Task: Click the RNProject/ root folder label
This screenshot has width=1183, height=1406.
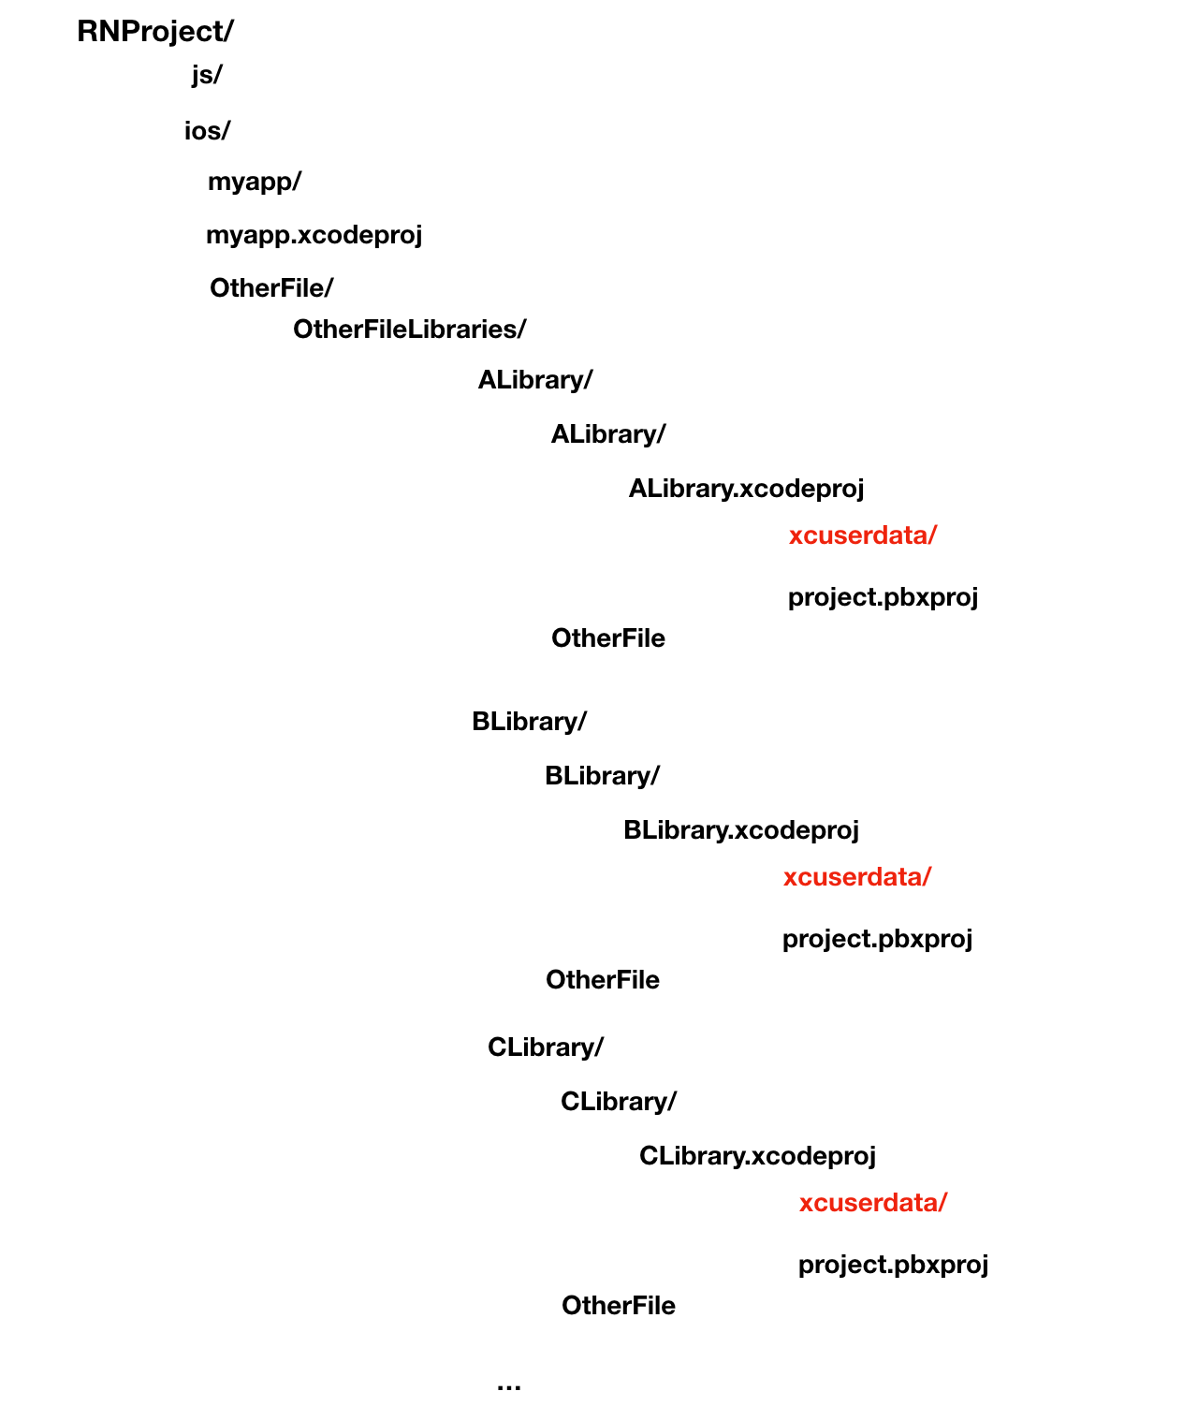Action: tap(154, 32)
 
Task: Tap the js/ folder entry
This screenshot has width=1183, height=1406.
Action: tap(207, 75)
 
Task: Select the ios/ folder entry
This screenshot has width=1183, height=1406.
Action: tap(207, 131)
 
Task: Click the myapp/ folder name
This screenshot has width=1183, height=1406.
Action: tap(255, 182)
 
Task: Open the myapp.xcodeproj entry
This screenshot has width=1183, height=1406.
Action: tap(314, 235)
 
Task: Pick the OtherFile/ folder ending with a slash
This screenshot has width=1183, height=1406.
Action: tap(271, 288)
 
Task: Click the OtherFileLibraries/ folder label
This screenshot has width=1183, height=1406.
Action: tap(409, 330)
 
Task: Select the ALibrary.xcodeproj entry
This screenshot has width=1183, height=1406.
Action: tap(746, 489)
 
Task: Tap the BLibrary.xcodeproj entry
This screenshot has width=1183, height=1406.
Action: tap(740, 830)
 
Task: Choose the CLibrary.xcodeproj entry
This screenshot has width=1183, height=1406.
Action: tap(757, 1156)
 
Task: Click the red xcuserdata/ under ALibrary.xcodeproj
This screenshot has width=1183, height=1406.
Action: tap(862, 535)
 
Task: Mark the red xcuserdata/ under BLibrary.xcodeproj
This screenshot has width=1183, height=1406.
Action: tap(856, 877)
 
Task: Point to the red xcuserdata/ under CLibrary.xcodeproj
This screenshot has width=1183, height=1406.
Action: tap(872, 1203)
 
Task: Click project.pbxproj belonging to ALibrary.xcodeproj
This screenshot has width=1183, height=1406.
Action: tap(883, 597)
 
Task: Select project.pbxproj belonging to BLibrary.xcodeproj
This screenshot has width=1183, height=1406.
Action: tap(877, 939)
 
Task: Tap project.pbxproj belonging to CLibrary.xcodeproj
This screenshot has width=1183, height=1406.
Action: tap(893, 1265)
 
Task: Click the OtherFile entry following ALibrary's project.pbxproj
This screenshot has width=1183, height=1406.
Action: tap(607, 638)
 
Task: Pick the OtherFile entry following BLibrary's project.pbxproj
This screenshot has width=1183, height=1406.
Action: tap(602, 980)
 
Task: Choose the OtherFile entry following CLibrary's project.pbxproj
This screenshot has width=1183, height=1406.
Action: tap(618, 1306)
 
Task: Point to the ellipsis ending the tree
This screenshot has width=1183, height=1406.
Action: tap(509, 1385)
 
